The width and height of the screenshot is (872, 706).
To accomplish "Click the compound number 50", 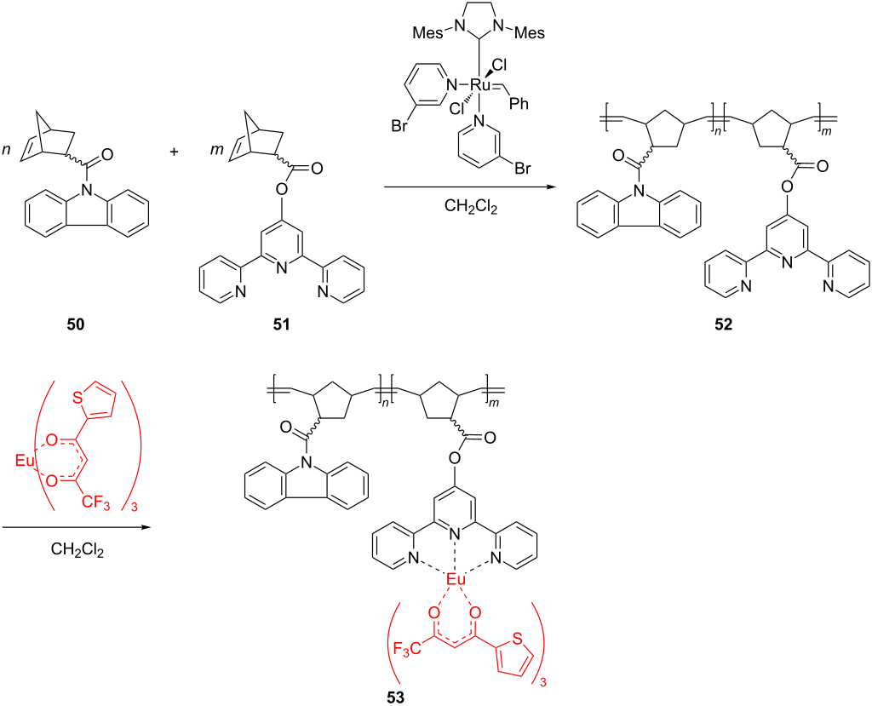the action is (76, 324).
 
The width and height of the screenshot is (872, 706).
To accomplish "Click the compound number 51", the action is (281, 324).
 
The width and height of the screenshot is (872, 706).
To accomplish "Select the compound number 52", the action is (724, 324).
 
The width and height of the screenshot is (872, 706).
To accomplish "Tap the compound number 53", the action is (396, 697).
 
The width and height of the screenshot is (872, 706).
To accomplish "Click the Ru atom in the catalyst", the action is (479, 85).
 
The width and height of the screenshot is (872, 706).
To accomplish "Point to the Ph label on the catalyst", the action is (519, 104).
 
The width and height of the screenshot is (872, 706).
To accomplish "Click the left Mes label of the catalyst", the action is (427, 33).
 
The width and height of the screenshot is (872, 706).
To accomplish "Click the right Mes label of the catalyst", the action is (530, 33).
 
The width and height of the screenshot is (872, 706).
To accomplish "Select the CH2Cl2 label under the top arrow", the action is (470, 207).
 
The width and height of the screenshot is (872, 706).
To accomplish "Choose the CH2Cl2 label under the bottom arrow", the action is (77, 549).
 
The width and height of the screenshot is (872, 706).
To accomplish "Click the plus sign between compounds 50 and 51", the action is (174, 152).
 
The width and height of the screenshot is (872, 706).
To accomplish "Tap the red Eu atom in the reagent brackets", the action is (25, 460).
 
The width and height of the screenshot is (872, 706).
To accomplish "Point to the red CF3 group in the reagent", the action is (96, 503).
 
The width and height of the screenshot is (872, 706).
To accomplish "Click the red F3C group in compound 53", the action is (406, 649).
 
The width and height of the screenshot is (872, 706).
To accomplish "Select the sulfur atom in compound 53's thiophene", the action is (517, 639).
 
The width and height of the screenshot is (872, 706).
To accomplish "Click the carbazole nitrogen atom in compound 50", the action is (86, 191).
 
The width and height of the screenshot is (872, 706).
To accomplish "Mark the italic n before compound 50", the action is (7, 151).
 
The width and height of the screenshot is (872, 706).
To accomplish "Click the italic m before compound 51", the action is (217, 151).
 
